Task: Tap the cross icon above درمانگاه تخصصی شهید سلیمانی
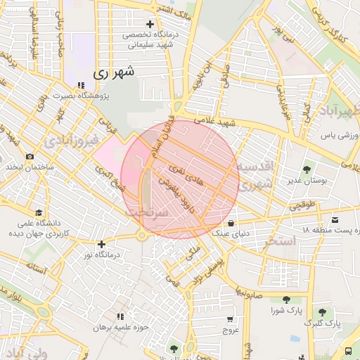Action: click(x=150, y=24)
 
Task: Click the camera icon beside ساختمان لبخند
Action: click(x=30, y=157)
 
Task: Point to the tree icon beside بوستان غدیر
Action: click(x=307, y=169)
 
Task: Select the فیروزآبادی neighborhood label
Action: click(x=68, y=141)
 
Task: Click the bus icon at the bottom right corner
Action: click(x=349, y=351)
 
